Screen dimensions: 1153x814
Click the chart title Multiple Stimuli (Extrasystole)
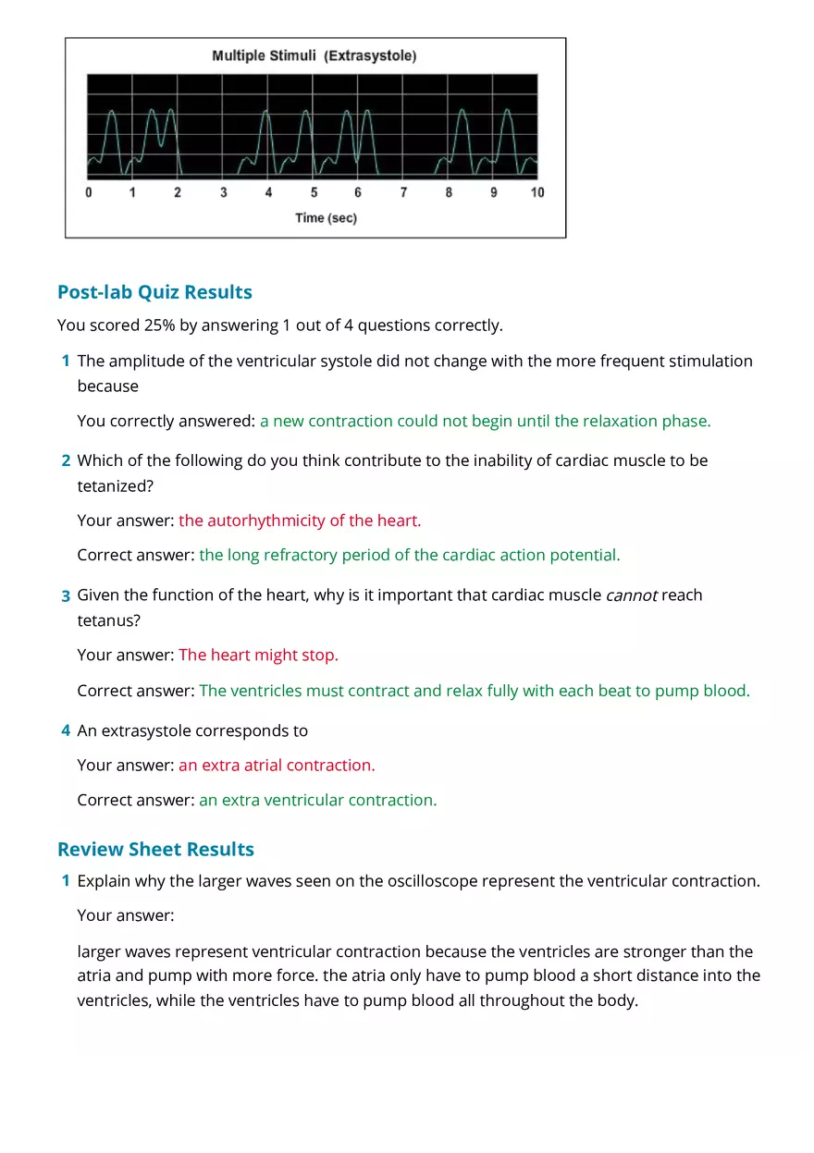click(314, 56)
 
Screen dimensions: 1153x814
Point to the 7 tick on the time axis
click(403, 193)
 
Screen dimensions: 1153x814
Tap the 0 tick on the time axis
click(89, 193)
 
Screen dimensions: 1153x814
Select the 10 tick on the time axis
click(537, 193)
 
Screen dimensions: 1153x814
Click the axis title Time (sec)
click(326, 218)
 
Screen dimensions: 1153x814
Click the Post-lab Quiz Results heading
click(154, 292)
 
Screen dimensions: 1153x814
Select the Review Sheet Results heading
click(155, 849)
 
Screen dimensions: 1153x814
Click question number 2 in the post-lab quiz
click(66, 460)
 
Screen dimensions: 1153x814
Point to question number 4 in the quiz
click(66, 730)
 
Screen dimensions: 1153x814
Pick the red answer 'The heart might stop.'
click(259, 655)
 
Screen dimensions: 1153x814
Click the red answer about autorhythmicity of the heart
click(300, 521)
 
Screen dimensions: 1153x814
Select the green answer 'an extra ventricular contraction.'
click(317, 800)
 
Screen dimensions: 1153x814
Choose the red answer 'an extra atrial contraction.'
click(277, 765)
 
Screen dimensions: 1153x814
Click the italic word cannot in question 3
click(631, 595)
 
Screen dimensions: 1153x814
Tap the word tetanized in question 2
click(109, 485)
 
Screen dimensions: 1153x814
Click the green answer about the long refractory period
click(410, 555)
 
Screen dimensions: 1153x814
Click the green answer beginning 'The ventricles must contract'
click(475, 691)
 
